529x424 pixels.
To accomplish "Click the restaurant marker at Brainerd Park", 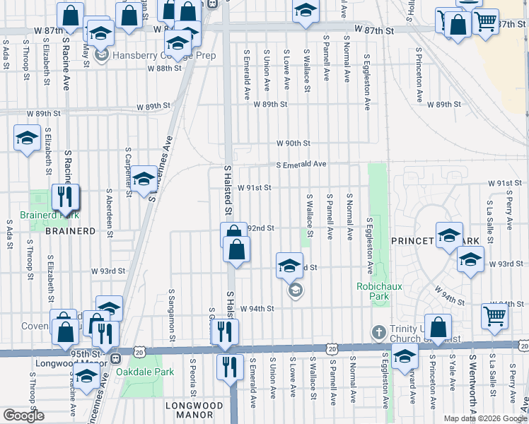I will [x=66, y=197].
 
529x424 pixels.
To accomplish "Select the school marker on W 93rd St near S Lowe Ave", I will [x=289, y=266].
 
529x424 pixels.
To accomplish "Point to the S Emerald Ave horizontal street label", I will [x=301, y=164].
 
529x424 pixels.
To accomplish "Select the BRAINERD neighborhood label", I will [x=70, y=231].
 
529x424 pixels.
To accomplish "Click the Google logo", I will [x=23, y=416].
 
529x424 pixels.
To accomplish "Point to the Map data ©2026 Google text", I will [x=484, y=418].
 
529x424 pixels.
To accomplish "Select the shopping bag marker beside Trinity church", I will [x=438, y=329].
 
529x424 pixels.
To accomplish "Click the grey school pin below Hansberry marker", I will [x=102, y=54].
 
